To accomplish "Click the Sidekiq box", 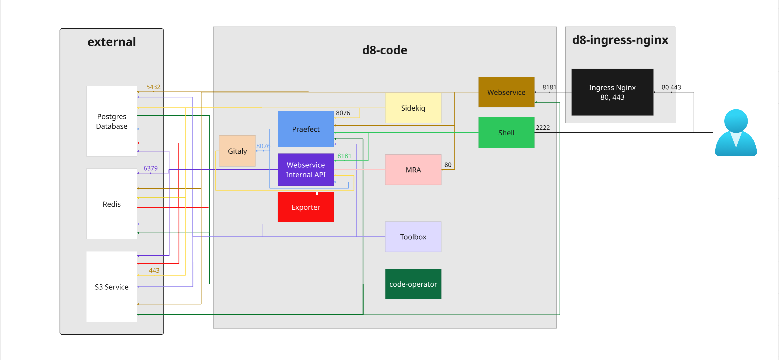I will [x=413, y=108].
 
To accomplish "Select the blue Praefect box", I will [x=305, y=129].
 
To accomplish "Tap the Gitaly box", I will [x=237, y=151].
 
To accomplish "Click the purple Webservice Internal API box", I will [x=305, y=170].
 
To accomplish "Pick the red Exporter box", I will [x=305, y=207].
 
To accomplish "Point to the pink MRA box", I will [x=413, y=170].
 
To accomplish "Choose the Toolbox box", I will [x=413, y=237].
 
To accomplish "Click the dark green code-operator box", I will [x=413, y=284].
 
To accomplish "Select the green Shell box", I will [x=506, y=132].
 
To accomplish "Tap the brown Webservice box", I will [x=506, y=92].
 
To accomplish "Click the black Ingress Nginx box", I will [x=612, y=92].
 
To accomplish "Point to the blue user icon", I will [x=736, y=133].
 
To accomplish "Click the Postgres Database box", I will [x=111, y=121].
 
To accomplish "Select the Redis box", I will [x=111, y=204].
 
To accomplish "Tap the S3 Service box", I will [x=111, y=287].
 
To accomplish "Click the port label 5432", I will [x=153, y=87].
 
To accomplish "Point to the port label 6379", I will [x=150, y=168].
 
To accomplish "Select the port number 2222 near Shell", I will [x=543, y=128].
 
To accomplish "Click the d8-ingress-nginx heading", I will [x=620, y=40].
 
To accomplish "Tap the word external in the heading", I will [x=111, y=42].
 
